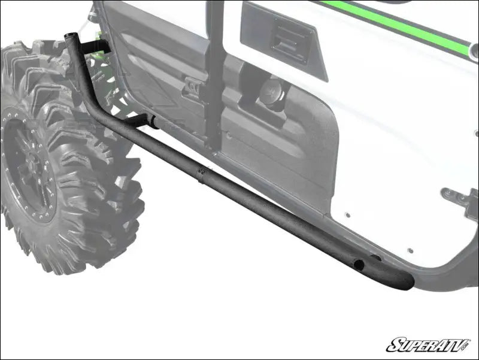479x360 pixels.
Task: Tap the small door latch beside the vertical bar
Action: tap(193, 87)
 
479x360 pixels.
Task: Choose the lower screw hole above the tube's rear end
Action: tap(411, 251)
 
